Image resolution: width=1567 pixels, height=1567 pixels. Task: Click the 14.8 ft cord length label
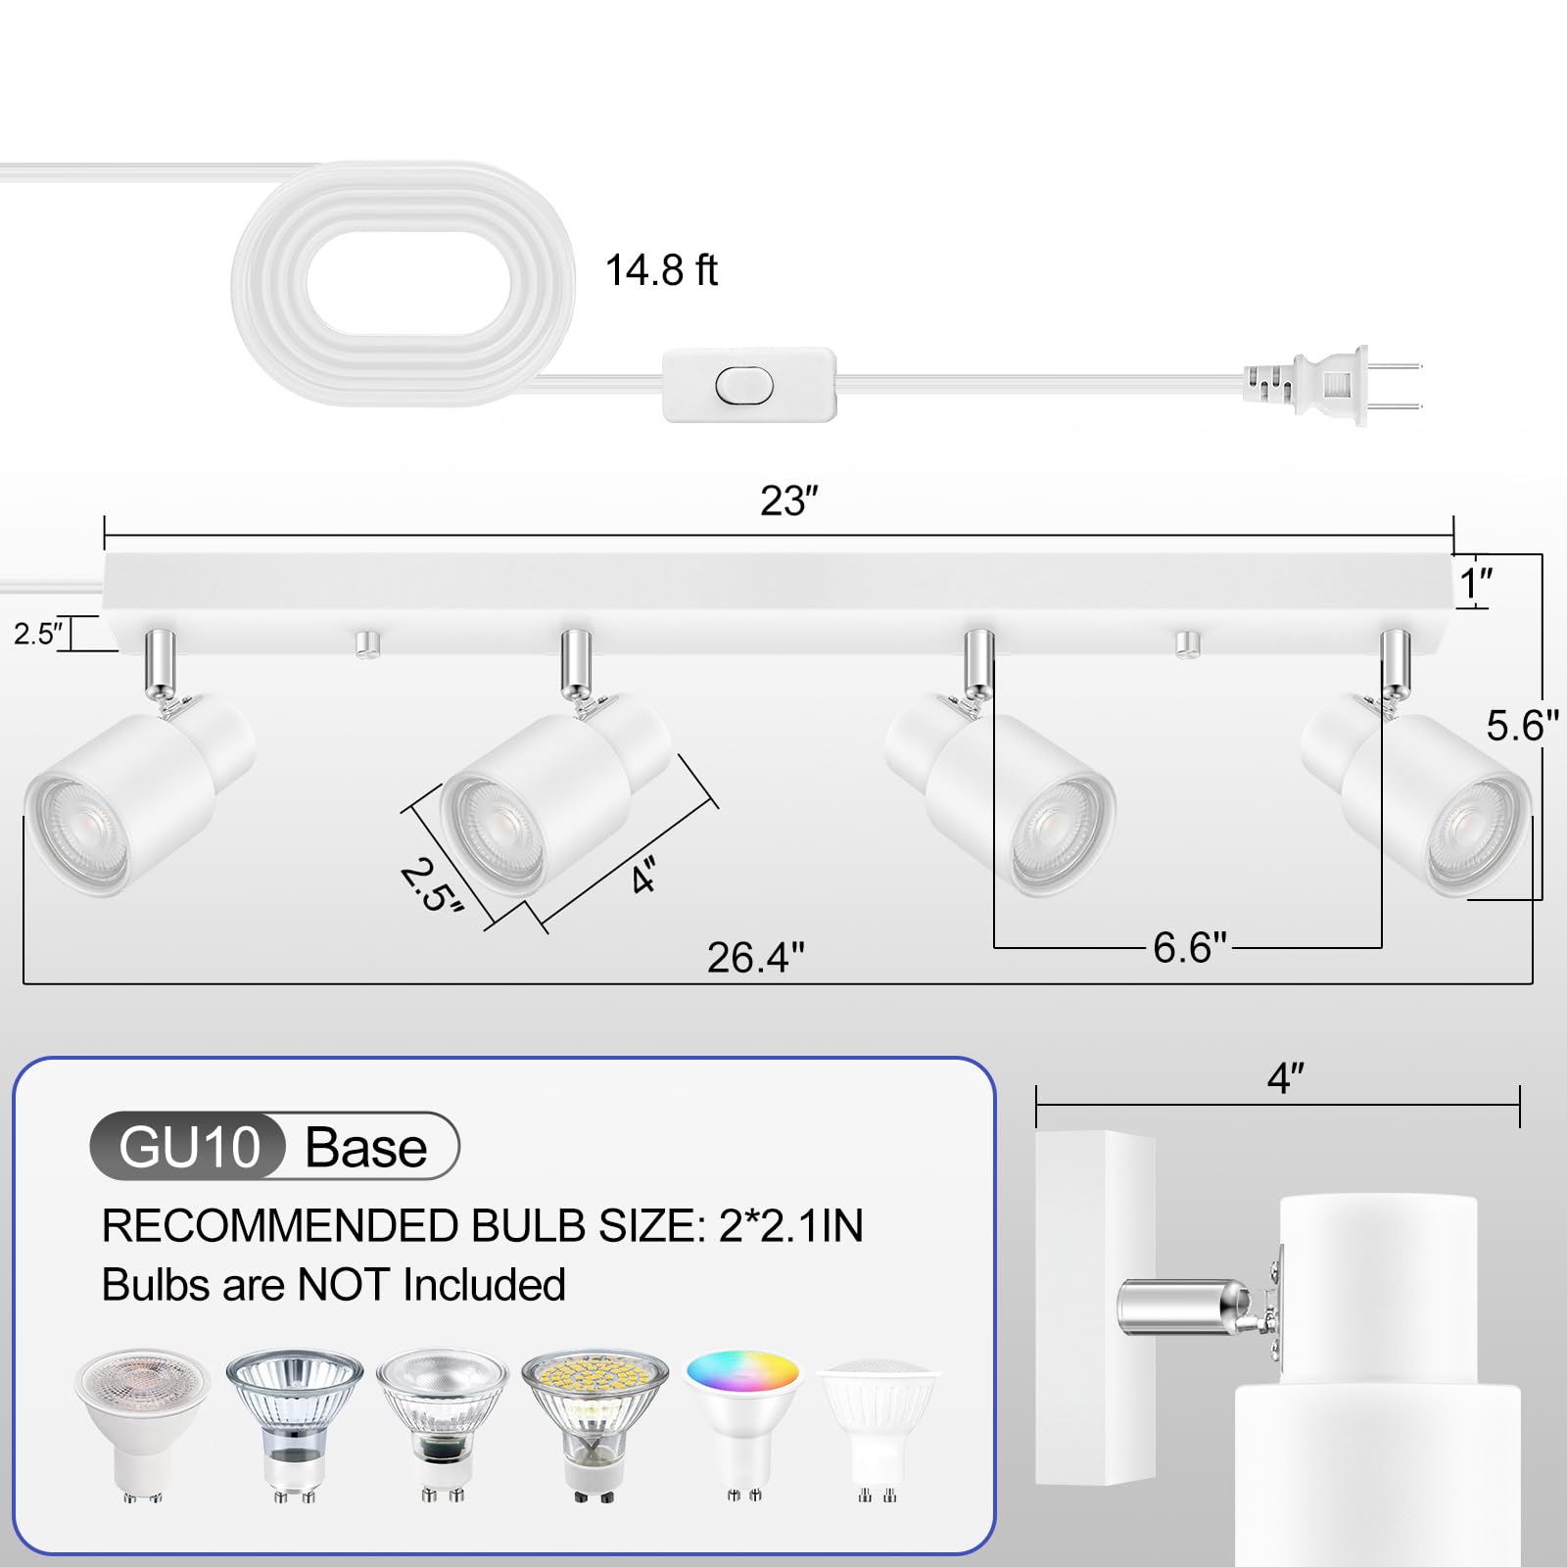coord(661,271)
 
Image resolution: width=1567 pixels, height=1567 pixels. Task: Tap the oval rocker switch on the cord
coord(744,386)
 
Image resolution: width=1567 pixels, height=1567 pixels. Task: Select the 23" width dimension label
coord(788,500)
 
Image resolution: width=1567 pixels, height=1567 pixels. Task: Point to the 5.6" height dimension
coord(1521,726)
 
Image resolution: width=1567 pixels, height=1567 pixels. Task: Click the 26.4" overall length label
coord(755,958)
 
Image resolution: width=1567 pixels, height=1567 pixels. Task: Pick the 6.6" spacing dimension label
coord(1189,947)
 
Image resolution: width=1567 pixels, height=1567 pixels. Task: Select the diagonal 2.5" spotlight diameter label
coord(431,885)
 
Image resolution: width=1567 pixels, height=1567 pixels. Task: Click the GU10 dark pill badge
coord(189,1147)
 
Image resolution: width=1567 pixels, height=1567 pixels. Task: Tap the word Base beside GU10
coord(366,1147)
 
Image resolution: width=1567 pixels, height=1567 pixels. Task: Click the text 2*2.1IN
coord(790,1226)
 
